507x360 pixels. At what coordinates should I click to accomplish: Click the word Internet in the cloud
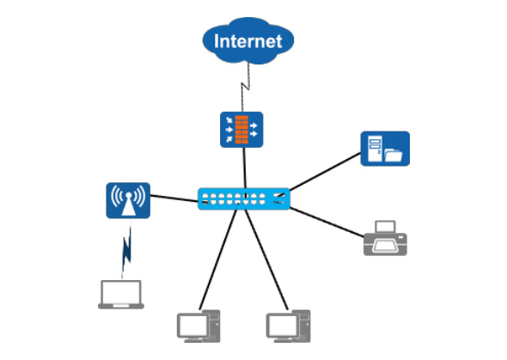(248, 41)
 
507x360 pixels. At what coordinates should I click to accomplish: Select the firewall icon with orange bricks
(241, 130)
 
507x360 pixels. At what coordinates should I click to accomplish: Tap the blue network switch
(244, 198)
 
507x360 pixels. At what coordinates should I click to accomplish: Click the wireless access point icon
(128, 200)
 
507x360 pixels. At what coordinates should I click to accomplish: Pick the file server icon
(385, 149)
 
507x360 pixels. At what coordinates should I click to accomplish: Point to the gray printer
(385, 238)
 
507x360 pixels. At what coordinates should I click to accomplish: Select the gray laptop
(121, 295)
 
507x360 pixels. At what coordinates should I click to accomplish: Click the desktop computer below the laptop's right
(199, 326)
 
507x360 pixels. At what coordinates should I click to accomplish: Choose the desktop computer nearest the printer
(289, 326)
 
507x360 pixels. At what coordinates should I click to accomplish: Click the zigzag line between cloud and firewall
(246, 87)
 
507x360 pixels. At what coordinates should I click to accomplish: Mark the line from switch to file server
(325, 172)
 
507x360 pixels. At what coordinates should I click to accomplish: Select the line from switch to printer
(327, 223)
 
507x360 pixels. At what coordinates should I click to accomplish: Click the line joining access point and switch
(174, 198)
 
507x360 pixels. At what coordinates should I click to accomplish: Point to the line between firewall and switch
(245, 168)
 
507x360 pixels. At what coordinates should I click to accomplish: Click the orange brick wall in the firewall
(241, 130)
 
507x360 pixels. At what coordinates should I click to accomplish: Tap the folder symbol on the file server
(394, 156)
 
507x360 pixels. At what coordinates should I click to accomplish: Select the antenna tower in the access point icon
(128, 204)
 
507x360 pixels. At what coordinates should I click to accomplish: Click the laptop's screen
(121, 292)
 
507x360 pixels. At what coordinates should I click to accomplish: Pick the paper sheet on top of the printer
(385, 227)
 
